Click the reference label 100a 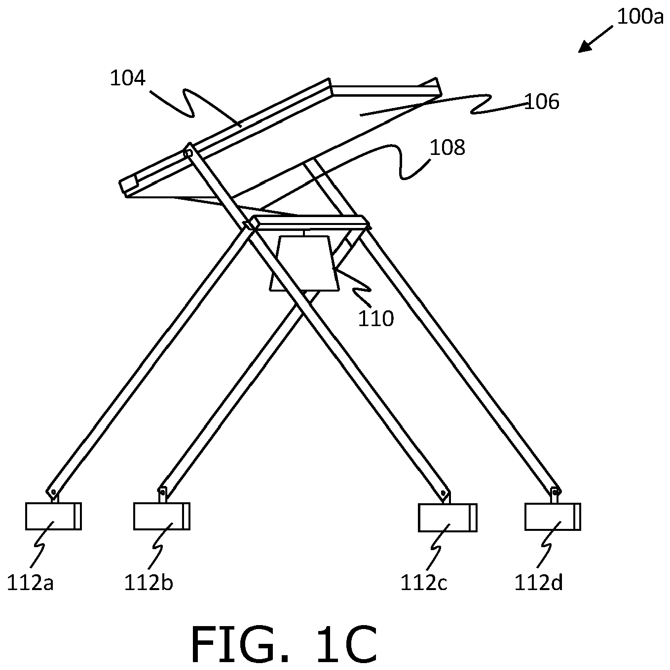640,16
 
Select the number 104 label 128,78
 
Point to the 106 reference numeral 541,102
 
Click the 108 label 447,148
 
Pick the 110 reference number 376,319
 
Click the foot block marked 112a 54,517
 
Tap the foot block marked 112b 162,517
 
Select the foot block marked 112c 447,518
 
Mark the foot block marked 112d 553,517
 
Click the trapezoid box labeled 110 304,263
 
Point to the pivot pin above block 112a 53,491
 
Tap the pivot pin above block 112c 443,493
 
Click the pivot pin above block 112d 555,492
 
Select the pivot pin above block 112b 162,493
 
